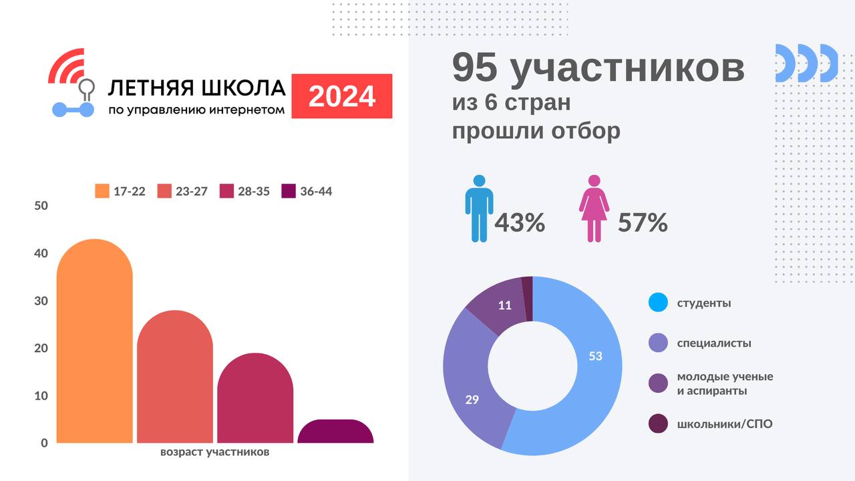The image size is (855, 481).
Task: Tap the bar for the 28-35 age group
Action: click(255, 401)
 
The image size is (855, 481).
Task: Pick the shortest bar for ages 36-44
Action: click(335, 432)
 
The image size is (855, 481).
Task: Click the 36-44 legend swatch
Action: click(289, 191)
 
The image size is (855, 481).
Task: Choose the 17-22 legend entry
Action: click(120, 191)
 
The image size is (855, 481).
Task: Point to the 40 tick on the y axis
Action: click(41, 254)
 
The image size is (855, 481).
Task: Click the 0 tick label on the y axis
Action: click(44, 443)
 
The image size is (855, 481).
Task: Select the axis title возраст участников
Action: click(215, 452)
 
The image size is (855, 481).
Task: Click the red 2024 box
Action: click(342, 96)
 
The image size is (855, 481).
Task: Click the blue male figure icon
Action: click(479, 208)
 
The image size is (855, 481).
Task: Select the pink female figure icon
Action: click(594, 208)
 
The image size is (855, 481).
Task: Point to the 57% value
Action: click(643, 223)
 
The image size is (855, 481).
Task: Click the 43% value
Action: click(520, 223)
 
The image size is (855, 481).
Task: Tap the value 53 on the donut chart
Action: click(595, 356)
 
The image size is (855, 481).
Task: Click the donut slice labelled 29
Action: click(472, 400)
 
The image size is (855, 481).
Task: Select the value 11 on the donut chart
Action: click(505, 305)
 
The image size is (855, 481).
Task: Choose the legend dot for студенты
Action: click(658, 303)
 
